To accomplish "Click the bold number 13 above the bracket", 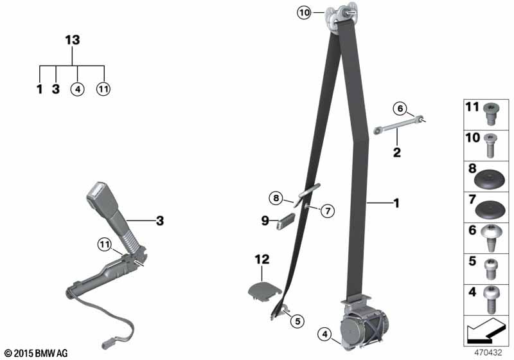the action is [x=73, y=40].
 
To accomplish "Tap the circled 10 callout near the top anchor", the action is [x=304, y=13].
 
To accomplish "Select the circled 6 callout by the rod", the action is [x=400, y=109].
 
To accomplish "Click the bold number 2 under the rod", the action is [x=397, y=152].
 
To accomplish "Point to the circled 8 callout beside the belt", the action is [x=276, y=198].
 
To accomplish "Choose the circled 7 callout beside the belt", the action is [x=328, y=211].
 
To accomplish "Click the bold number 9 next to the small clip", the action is [x=265, y=221].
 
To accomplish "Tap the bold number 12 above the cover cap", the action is [x=262, y=259].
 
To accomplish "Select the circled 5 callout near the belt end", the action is [x=297, y=321].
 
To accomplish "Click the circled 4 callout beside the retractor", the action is [x=324, y=334].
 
